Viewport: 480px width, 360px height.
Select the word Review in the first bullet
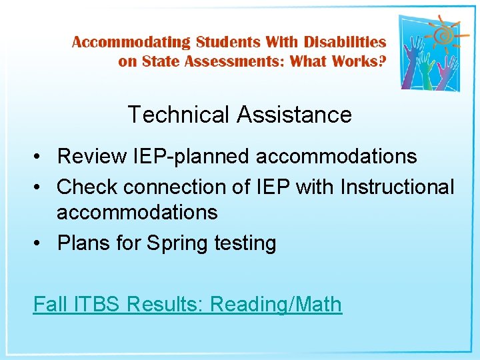click(92, 157)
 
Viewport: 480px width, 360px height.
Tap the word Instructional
click(397, 187)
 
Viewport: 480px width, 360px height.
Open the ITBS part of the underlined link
click(98, 304)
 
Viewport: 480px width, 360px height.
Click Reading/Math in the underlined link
click(276, 305)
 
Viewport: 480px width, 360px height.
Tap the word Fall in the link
click(49, 304)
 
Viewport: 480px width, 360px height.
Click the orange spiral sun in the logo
click(441, 33)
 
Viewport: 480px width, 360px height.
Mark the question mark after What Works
click(381, 61)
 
